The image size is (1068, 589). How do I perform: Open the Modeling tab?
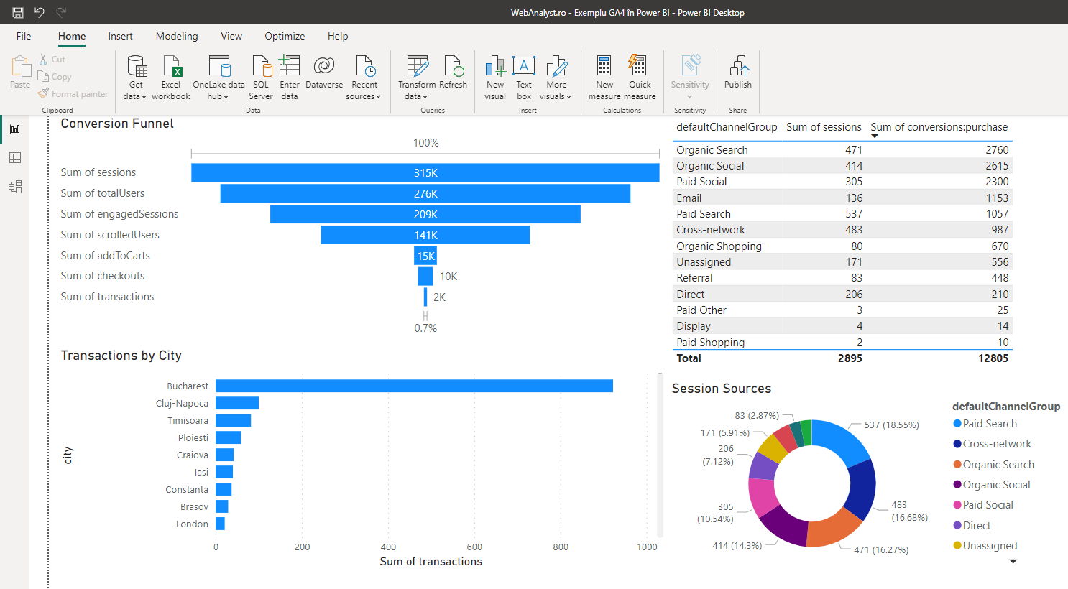[177, 36]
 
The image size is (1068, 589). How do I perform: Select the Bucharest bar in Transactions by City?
[414, 386]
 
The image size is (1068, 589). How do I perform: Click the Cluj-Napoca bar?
[236, 403]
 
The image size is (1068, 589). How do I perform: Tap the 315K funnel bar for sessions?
[425, 172]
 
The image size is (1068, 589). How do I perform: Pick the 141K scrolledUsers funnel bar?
[425, 235]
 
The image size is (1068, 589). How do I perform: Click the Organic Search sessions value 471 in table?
[853, 150]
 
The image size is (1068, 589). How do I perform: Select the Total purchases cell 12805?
[993, 358]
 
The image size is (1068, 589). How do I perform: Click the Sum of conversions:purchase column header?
[939, 127]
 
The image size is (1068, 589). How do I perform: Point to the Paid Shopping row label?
[710, 343]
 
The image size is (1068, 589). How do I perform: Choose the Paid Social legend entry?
[988, 505]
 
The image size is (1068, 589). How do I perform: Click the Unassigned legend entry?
[990, 546]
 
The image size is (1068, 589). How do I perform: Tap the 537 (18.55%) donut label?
[891, 425]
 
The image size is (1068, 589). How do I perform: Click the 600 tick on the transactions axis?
[474, 547]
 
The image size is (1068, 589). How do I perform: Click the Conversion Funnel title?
[117, 124]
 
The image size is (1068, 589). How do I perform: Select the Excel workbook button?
[171, 78]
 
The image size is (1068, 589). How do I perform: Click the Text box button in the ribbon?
[524, 78]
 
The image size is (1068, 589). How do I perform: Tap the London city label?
[192, 524]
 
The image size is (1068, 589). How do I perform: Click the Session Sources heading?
[721, 389]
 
